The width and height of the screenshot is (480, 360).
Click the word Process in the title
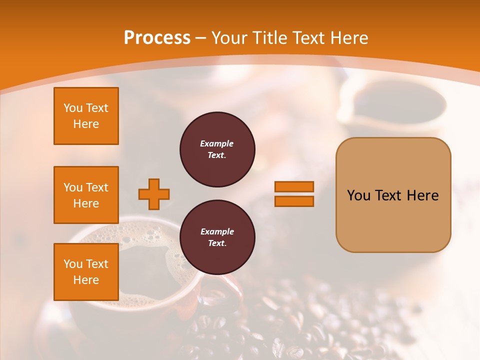coord(157,38)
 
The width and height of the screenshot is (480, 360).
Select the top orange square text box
coord(86,116)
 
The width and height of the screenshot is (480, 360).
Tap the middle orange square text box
coord(86,195)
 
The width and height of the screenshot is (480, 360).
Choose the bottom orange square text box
coord(86,272)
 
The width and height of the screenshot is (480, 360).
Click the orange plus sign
coord(154,194)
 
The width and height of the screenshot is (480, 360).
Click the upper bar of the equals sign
coord(294,187)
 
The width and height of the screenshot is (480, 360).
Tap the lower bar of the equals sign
coord(294,201)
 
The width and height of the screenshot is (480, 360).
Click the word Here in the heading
coord(347,38)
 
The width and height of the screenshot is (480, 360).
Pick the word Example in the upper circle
coord(217,143)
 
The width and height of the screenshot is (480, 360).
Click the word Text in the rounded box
coord(389,195)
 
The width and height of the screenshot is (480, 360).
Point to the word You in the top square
coord(72,108)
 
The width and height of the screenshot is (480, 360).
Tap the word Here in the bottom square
coord(86,280)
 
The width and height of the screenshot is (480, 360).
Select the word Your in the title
coord(229,38)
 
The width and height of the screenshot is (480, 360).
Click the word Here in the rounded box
coord(422,195)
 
